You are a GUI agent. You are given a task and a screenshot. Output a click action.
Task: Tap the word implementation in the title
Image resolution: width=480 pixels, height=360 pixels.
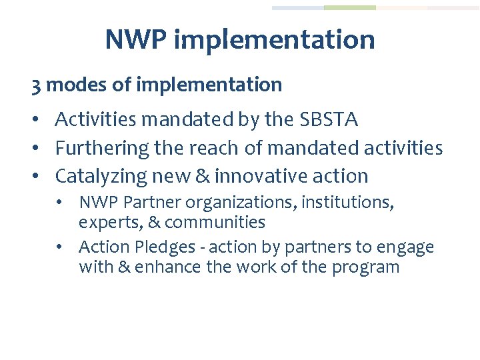[274, 40]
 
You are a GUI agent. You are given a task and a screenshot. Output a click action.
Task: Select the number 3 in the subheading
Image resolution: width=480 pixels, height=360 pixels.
[36, 85]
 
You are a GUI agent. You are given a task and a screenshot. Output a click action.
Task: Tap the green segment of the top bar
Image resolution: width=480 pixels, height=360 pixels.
[349, 8]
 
